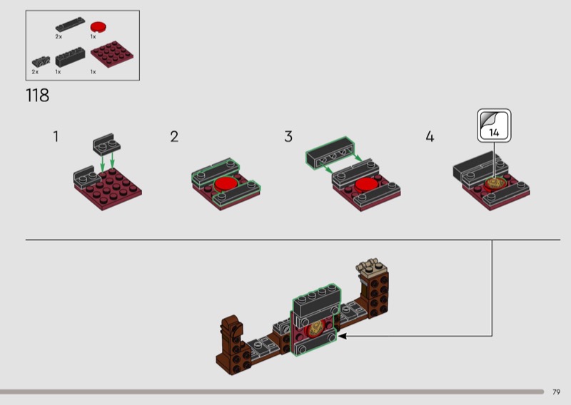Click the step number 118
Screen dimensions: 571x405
(x=38, y=96)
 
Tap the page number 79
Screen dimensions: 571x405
(x=556, y=392)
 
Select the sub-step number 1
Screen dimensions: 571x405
(x=56, y=136)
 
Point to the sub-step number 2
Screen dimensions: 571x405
(x=174, y=136)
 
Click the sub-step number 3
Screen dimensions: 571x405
(x=288, y=136)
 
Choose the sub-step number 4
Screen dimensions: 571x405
(x=430, y=136)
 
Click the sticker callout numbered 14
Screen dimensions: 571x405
(x=494, y=125)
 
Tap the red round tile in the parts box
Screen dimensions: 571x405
(x=98, y=27)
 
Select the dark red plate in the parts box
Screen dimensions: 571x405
(x=112, y=54)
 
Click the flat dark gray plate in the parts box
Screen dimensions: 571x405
(x=70, y=24)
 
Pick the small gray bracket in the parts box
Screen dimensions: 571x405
(x=41, y=61)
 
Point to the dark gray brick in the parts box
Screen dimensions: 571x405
(x=70, y=57)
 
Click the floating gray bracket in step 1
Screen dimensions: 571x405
(x=106, y=143)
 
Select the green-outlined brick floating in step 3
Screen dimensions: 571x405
(x=330, y=153)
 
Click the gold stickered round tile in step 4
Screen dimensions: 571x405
(x=495, y=183)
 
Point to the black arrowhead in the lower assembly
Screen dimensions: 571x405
(x=342, y=337)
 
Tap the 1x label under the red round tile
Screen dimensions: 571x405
(x=94, y=37)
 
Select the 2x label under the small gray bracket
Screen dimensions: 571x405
(x=35, y=72)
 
